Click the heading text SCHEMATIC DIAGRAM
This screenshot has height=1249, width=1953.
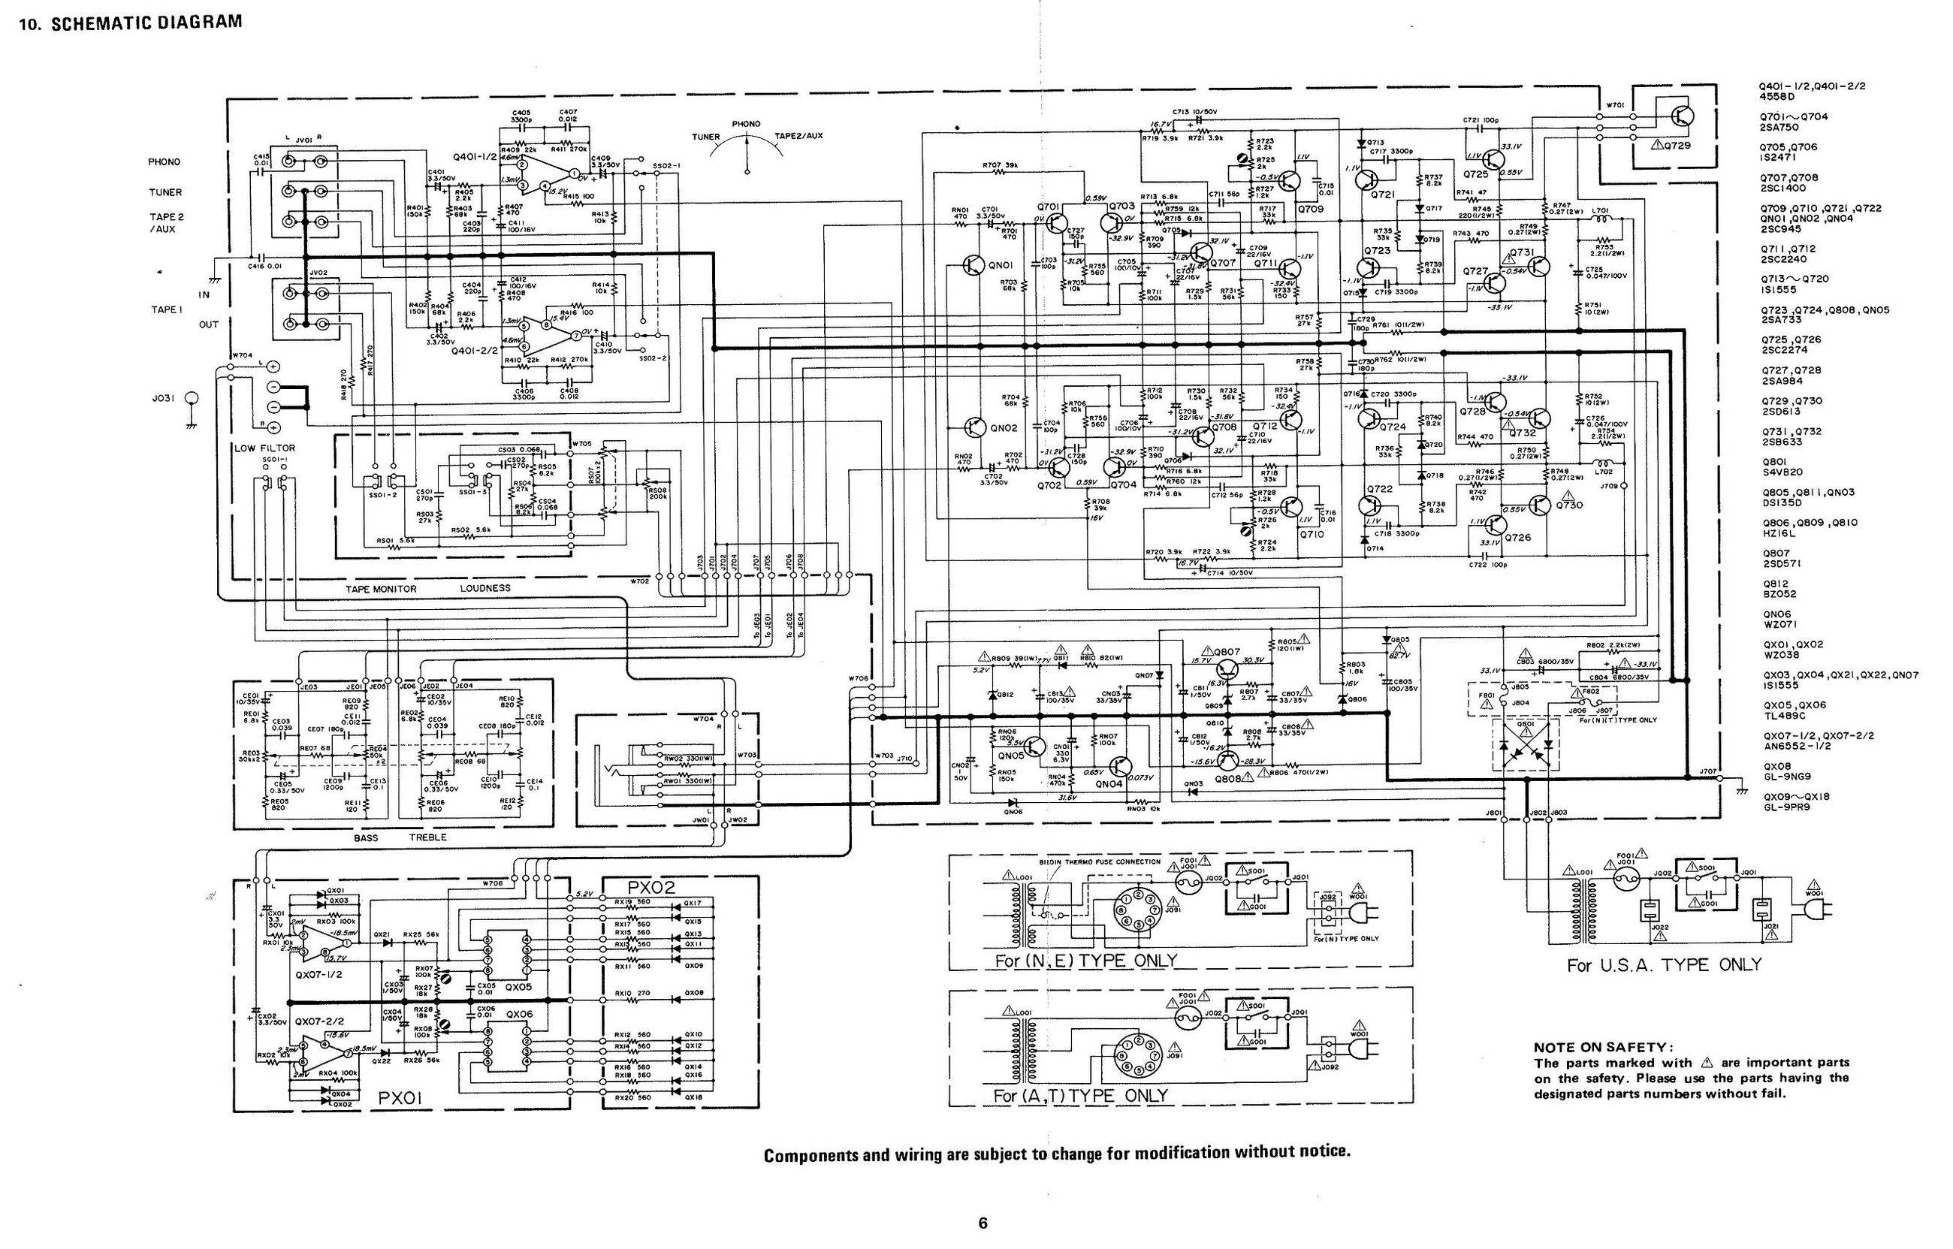(146, 22)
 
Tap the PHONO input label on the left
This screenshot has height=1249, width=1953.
(164, 162)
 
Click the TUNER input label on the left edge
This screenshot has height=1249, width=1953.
(165, 192)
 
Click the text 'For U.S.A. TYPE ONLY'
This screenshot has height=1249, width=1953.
(1664, 965)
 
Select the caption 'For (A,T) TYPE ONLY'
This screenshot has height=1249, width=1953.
(1080, 1096)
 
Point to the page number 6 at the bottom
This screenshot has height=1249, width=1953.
(983, 1223)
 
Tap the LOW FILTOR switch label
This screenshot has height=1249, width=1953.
(264, 448)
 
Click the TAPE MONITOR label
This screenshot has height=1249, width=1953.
(380, 589)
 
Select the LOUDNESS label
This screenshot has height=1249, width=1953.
(485, 588)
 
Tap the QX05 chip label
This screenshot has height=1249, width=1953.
(518, 988)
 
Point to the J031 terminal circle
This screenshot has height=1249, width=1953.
(192, 398)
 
